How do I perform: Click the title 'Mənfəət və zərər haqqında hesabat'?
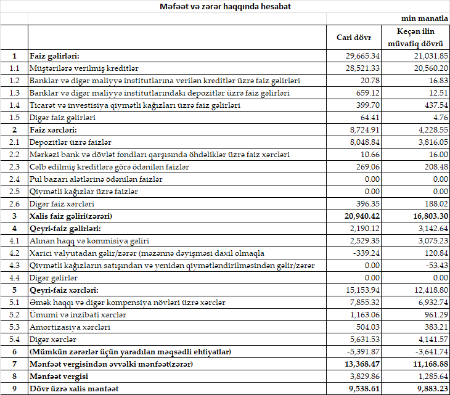point(225,7)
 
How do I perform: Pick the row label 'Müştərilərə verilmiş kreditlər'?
point(84,68)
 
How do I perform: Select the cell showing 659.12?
point(367,93)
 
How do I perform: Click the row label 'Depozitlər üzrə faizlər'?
point(71,142)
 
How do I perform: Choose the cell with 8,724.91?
point(364,130)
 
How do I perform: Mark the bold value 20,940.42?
point(362,216)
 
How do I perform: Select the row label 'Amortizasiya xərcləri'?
point(70,327)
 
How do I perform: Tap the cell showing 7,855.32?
point(364,303)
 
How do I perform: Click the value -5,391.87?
point(363,352)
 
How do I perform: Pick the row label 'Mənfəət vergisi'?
point(59,377)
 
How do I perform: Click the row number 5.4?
point(14,340)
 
